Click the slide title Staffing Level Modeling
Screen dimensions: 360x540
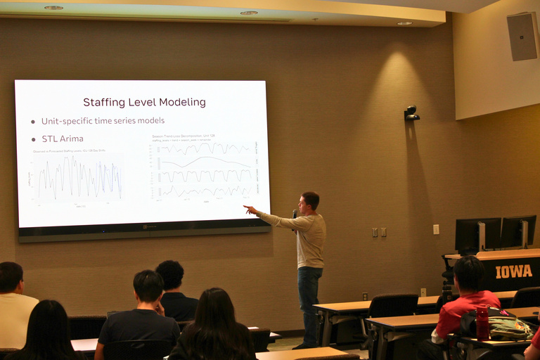pyautogui.click(x=144, y=102)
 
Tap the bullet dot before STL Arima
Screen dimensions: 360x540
pyautogui.click(x=33, y=139)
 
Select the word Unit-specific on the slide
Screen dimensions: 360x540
pyautogui.click(x=67, y=121)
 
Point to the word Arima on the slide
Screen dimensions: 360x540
pyautogui.click(x=72, y=139)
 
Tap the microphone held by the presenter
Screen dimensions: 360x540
pyautogui.click(x=295, y=214)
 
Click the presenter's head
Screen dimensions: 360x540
pyautogui.click(x=309, y=202)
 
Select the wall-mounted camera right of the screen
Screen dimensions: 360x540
pyautogui.click(x=411, y=113)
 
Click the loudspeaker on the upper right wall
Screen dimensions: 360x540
pyautogui.click(x=522, y=36)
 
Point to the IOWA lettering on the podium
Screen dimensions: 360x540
pyautogui.click(x=513, y=271)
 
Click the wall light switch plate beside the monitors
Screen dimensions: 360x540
pyautogui.click(x=436, y=229)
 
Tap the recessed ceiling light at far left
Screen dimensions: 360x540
pyautogui.click(x=53, y=8)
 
